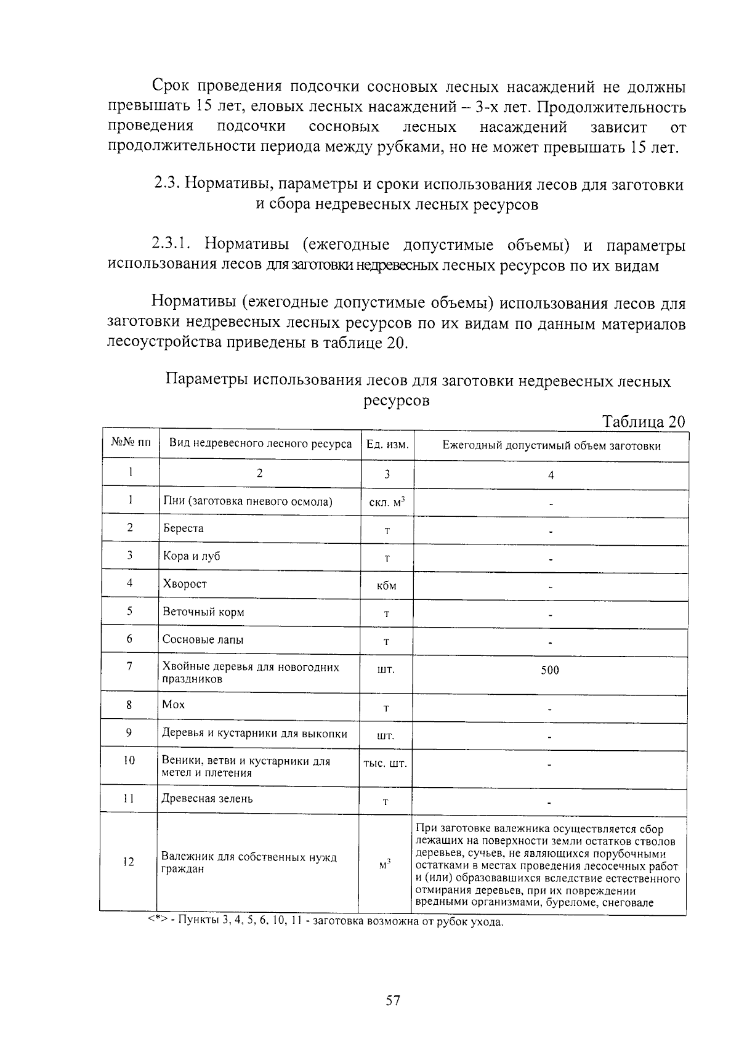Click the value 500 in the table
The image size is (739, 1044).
tap(549, 670)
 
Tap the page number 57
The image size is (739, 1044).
tap(393, 1000)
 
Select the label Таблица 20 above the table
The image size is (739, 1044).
tap(643, 422)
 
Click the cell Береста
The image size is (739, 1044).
tap(183, 528)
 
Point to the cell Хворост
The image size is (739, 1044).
tap(184, 584)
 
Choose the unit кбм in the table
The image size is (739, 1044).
tap(386, 586)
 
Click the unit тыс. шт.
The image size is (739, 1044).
tap(385, 763)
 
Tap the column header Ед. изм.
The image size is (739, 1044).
tap(387, 445)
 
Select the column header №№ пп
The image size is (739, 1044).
tap(130, 442)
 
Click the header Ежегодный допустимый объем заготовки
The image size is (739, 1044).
tap(551, 446)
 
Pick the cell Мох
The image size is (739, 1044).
tap(173, 705)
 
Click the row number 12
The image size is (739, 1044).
tap(128, 862)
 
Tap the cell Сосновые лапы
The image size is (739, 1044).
tap(203, 639)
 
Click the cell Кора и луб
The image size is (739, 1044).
tap(191, 556)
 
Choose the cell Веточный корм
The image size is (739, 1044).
tap(203, 612)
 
